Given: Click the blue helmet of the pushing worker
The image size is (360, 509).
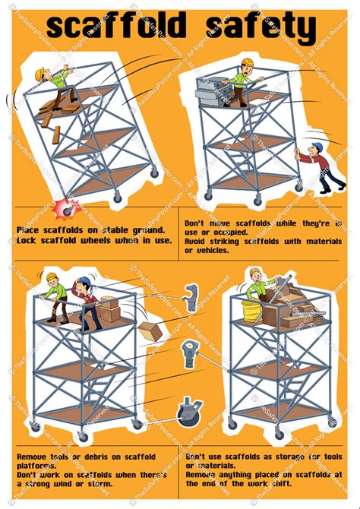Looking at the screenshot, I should click(317, 147).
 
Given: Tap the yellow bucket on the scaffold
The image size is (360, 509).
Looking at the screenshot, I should click(251, 309).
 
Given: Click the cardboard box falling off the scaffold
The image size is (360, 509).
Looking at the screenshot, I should click(150, 330).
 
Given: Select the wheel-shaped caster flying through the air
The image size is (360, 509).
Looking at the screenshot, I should click(188, 411).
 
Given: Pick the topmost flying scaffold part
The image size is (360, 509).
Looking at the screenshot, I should click(191, 298).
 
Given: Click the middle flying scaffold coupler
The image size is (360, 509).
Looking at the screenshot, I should click(189, 353).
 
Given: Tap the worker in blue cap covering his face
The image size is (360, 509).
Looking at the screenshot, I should click(86, 300).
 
